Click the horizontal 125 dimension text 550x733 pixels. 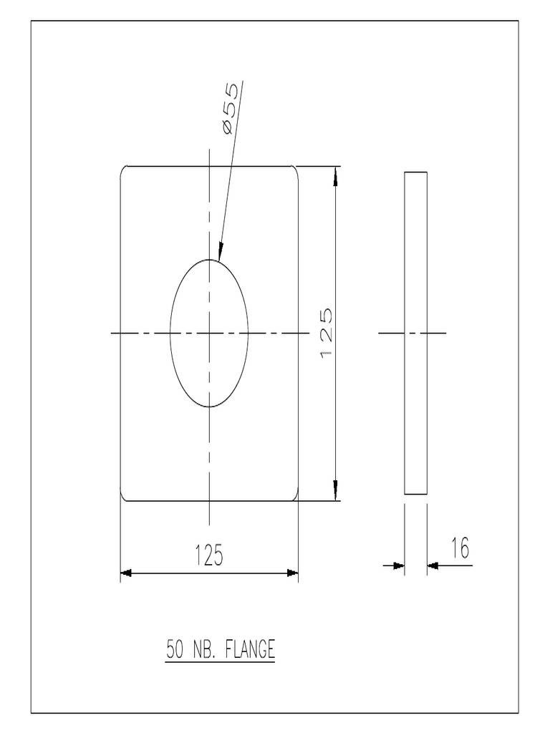(208, 555)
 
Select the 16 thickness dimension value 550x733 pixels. (459, 548)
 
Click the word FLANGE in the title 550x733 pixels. (250, 650)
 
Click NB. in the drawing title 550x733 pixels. (206, 650)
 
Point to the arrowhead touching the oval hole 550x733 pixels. (221, 251)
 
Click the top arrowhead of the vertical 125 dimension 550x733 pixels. (336, 175)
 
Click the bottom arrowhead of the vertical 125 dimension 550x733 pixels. (336, 492)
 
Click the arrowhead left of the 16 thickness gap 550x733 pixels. (399, 565)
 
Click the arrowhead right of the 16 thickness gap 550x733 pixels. (433, 565)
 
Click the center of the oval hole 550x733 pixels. (209, 333)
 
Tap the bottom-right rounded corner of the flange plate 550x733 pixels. (295, 497)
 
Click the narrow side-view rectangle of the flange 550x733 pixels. (415, 333)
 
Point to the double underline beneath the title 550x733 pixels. (221, 662)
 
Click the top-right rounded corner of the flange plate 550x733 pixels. (295, 169)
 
